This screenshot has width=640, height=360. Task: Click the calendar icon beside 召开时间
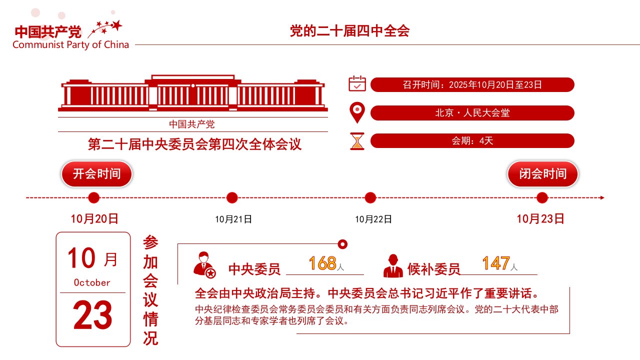357,83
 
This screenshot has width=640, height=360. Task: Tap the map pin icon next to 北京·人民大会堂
357,112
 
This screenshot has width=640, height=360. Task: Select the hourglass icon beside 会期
357,141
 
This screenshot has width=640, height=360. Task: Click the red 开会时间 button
96,174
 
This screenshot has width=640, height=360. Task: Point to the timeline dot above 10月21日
232,197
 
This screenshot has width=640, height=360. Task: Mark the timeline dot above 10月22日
370,197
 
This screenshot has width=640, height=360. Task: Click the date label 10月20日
94,219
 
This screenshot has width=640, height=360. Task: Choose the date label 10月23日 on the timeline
540,219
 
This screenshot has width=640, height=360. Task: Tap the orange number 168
322,263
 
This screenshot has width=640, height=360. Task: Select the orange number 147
496,263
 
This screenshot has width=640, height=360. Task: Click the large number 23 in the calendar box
92,315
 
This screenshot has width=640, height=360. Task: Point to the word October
92,282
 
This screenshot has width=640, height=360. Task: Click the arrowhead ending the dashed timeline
602,197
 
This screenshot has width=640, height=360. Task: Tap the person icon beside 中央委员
204,265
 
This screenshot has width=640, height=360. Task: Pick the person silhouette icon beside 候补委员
393,265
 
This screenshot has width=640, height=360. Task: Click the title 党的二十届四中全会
349,31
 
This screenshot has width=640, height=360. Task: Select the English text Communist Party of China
71,45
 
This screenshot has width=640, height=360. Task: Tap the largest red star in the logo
116,25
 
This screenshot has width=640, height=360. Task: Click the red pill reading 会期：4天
472,141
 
